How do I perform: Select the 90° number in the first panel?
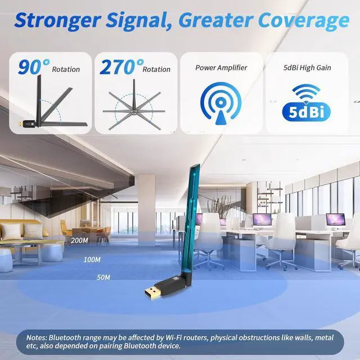pos(33,67)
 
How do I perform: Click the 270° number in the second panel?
pos(119,67)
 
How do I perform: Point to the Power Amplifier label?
pos(221,67)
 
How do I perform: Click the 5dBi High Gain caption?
pos(307,67)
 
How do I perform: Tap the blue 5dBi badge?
pos(307,111)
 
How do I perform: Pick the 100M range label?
pos(92,259)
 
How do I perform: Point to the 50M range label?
pos(103,277)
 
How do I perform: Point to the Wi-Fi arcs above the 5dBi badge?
pos(307,92)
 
